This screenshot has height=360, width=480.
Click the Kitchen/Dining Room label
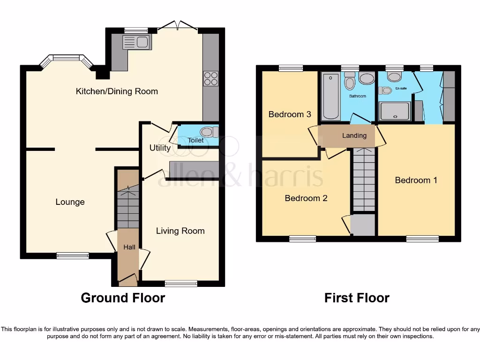coord(117,91)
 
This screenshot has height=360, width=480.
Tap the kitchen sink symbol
coord(135,42)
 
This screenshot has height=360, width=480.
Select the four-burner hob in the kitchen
coord(210,78)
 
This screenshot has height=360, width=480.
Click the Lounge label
coord(70,202)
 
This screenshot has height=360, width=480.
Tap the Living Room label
coord(180,231)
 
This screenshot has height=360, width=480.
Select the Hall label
coord(129,247)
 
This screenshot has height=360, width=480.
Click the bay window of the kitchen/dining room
coord(66,59)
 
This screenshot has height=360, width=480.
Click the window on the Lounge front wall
coord(73,255)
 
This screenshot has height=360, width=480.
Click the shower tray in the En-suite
coord(395,112)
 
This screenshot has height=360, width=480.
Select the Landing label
coord(354,135)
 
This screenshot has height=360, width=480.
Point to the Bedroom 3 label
coord(290,114)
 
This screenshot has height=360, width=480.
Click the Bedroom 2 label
coord(306,198)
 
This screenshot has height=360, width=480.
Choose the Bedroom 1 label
coord(416,180)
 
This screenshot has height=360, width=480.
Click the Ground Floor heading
coord(123,298)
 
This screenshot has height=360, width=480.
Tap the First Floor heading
coord(357,298)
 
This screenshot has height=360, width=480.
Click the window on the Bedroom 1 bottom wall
coord(422,239)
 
